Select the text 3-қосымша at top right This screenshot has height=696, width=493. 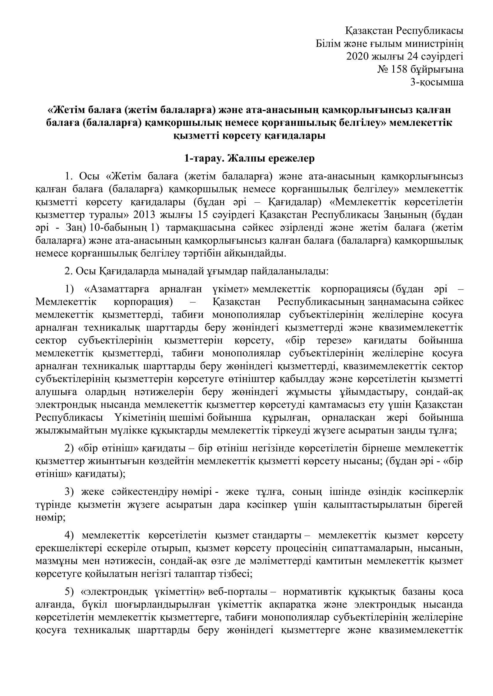(437, 82)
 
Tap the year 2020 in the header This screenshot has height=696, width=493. (357, 57)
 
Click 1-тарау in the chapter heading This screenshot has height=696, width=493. (203, 159)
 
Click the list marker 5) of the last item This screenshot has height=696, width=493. (69, 592)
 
